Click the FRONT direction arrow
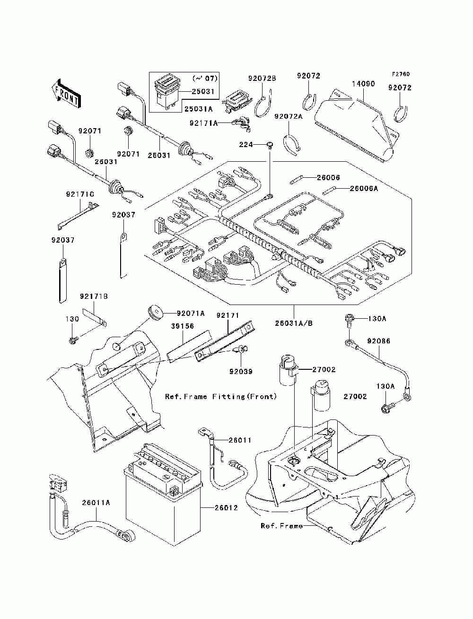(x=66, y=94)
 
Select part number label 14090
(x=363, y=84)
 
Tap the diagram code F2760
(x=401, y=74)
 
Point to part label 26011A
(x=96, y=503)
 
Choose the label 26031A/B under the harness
(x=294, y=323)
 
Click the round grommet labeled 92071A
(x=155, y=312)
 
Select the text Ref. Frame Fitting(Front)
(x=221, y=397)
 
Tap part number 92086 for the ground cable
(x=378, y=341)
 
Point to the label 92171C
(x=80, y=194)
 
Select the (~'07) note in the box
(x=205, y=78)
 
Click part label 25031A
(x=198, y=109)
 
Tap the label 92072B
(x=262, y=78)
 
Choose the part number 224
(x=246, y=145)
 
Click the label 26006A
(x=364, y=188)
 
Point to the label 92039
(x=241, y=371)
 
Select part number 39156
(x=183, y=326)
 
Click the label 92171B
(x=94, y=296)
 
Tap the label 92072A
(x=288, y=116)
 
